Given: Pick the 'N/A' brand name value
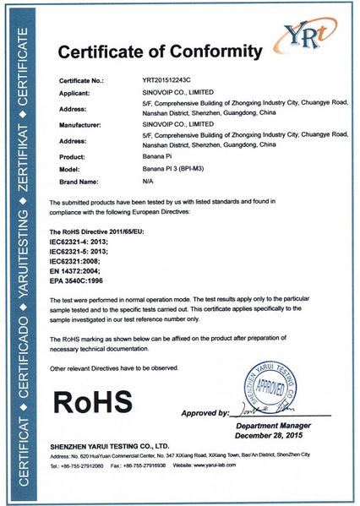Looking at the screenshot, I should [148, 181].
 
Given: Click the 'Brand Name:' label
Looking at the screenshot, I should [80, 181].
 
